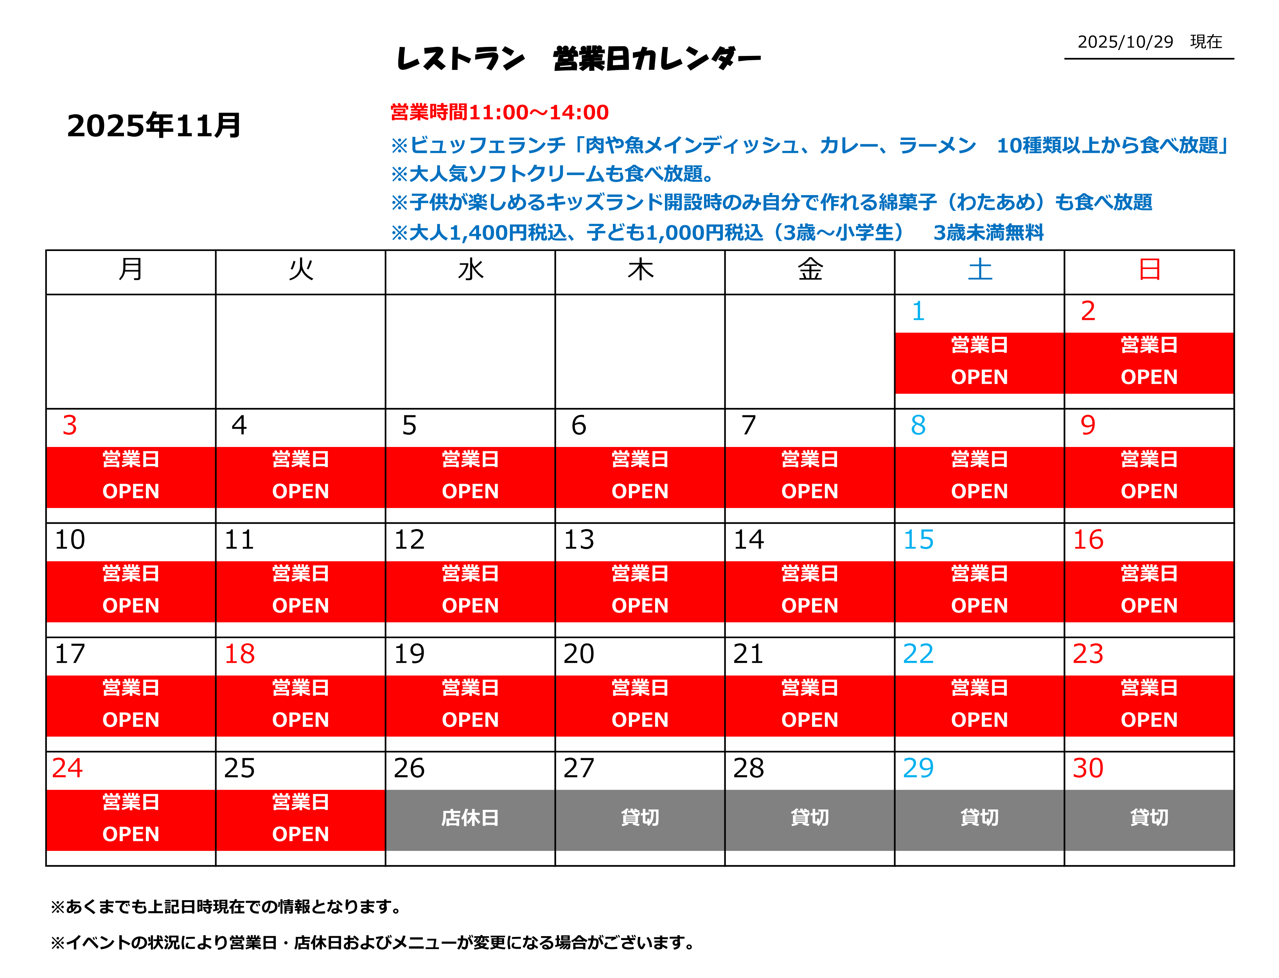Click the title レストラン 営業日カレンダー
578,59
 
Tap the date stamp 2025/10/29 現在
1149,42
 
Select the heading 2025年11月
154,126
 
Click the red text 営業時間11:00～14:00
499,112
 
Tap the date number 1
918,311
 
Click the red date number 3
70,425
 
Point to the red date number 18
239,654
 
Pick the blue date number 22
918,654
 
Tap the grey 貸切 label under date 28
809,818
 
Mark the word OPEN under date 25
300,834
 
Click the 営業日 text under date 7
809,459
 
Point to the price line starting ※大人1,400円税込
717,233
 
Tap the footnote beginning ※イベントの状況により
373,942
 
